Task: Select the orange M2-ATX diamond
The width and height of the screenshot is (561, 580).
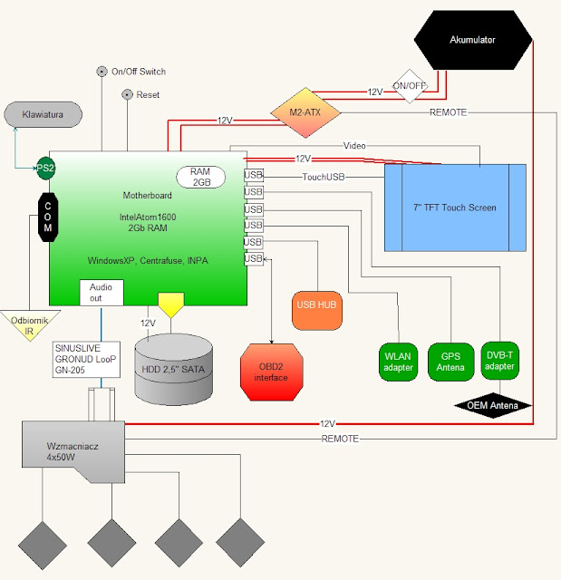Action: point(306,112)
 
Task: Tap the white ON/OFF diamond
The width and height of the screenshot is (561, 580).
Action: point(410,87)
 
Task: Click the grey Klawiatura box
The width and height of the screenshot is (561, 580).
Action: point(44,115)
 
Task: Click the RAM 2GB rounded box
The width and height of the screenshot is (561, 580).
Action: point(201,177)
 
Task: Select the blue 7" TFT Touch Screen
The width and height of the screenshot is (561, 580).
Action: point(455,208)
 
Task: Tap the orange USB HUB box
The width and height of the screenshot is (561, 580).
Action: point(316,305)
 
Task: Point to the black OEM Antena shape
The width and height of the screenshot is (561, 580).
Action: point(492,406)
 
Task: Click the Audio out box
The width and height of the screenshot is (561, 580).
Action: point(101,292)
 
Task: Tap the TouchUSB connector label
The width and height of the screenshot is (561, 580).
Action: point(324,177)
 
